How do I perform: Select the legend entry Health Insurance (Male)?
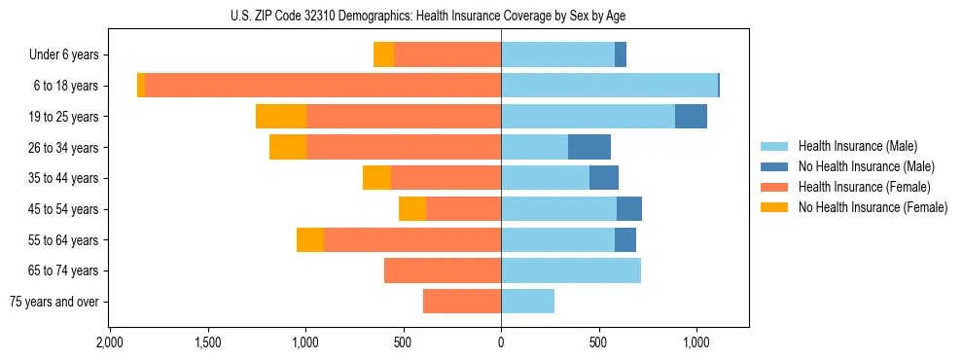[x=857, y=146]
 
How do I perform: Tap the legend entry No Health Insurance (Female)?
[x=873, y=207]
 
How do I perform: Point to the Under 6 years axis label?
[x=64, y=55]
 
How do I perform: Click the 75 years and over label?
[x=54, y=302]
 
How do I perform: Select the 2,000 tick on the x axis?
[x=110, y=342]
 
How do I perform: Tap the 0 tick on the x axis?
[x=501, y=342]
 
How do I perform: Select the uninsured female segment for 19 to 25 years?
[x=281, y=117]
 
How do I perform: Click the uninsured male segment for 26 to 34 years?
[x=589, y=147]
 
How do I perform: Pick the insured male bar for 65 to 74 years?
[x=571, y=270]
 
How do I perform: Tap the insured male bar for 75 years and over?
[x=527, y=302]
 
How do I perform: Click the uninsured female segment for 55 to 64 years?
[x=310, y=239]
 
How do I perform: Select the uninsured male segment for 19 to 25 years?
[x=691, y=117]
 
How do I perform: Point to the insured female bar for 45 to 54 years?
[x=463, y=209]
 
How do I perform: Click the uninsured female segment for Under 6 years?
[x=383, y=55]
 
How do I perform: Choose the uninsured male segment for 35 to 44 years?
[x=604, y=178]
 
